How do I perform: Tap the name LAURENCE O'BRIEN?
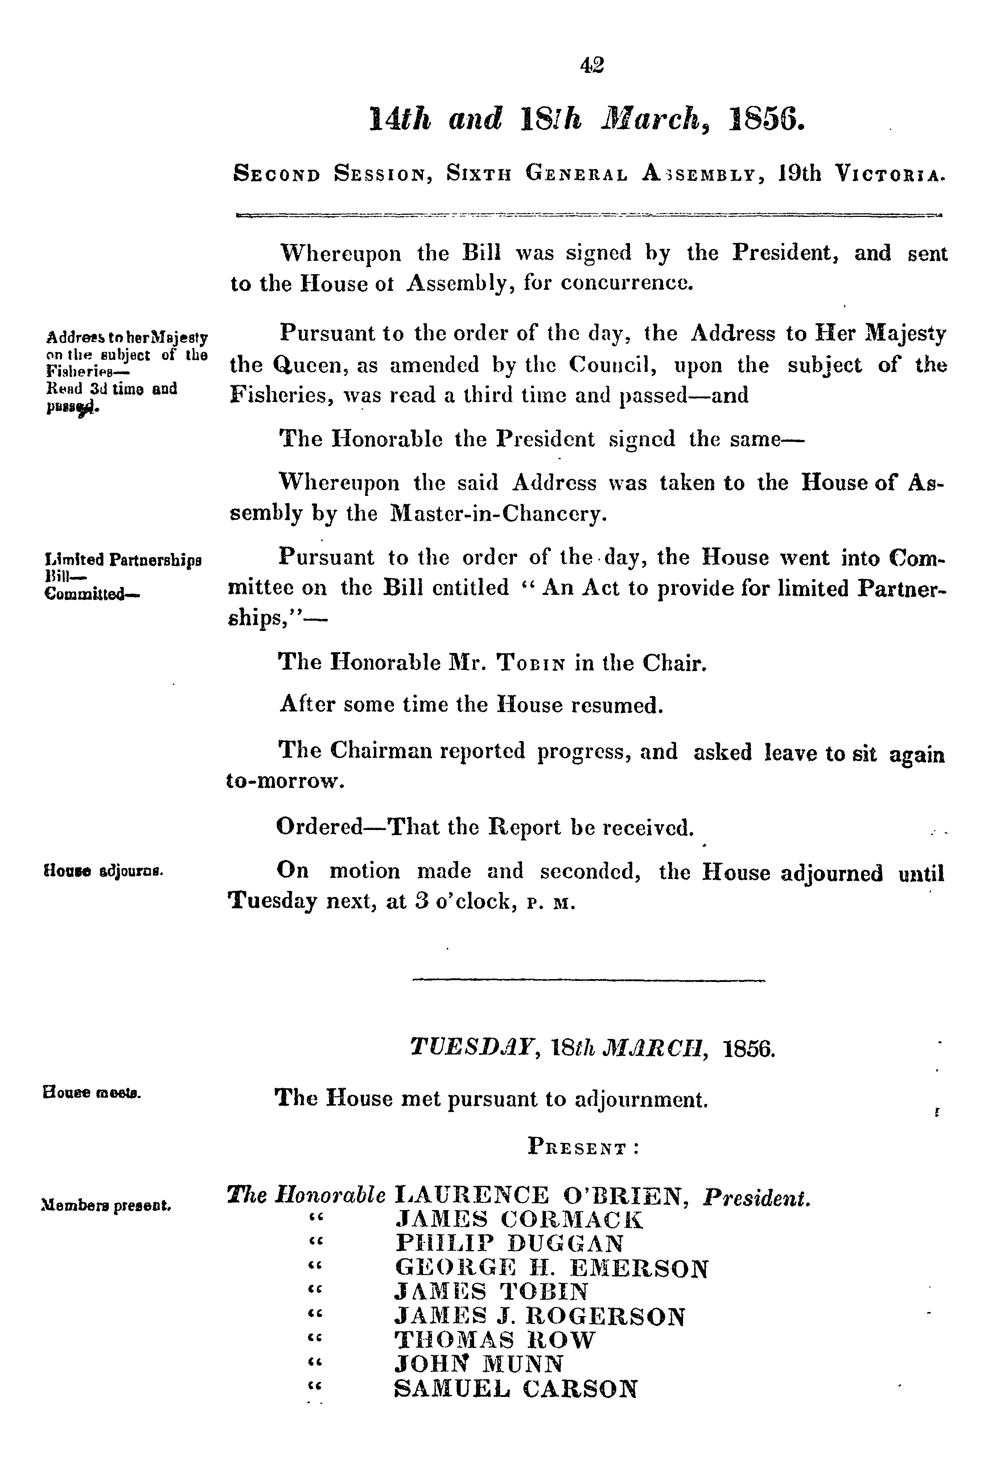point(542,1195)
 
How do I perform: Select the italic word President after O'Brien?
point(757,1197)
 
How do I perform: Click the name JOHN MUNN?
point(479,1364)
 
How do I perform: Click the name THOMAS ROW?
point(495,1340)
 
